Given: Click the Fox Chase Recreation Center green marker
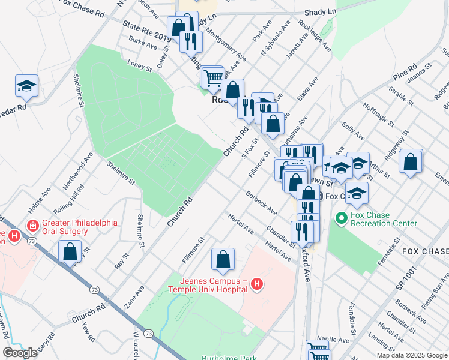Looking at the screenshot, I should [x=341, y=217].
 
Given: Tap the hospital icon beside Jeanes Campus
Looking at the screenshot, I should [x=258, y=284].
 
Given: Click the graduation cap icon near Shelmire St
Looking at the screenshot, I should [x=27, y=87].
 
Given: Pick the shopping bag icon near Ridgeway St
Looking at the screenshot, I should [x=411, y=162].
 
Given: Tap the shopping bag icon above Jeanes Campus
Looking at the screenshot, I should [x=223, y=260].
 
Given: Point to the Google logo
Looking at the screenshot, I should [x=20, y=353].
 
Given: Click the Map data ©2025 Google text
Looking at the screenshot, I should [x=411, y=355].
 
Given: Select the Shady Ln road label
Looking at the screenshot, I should [x=321, y=11].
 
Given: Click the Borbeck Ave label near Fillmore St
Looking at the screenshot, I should [x=261, y=203].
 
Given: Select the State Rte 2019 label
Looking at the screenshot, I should [x=146, y=31].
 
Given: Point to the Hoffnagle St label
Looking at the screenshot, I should [x=377, y=118].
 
